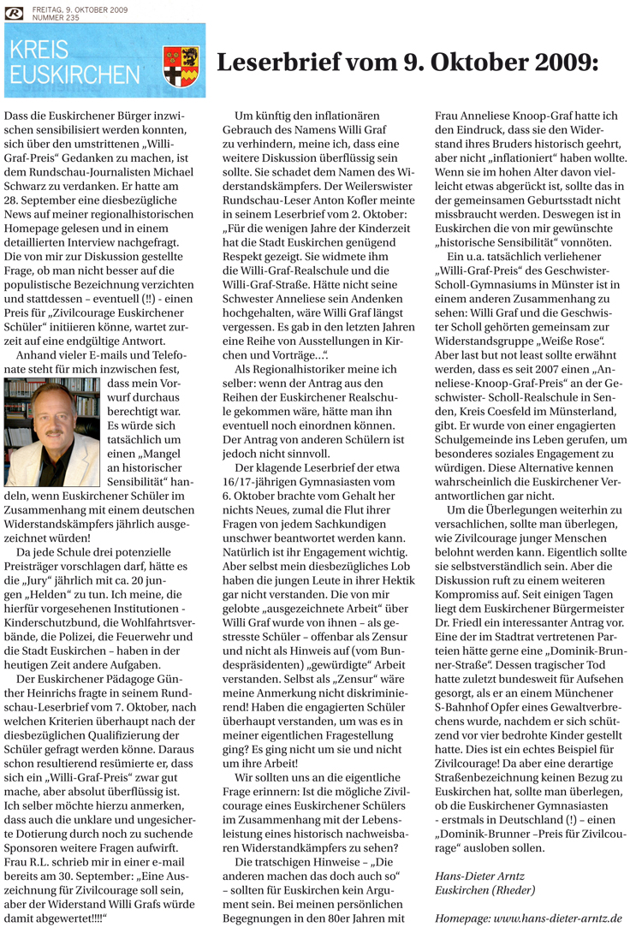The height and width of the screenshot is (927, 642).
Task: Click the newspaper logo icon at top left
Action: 15,13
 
